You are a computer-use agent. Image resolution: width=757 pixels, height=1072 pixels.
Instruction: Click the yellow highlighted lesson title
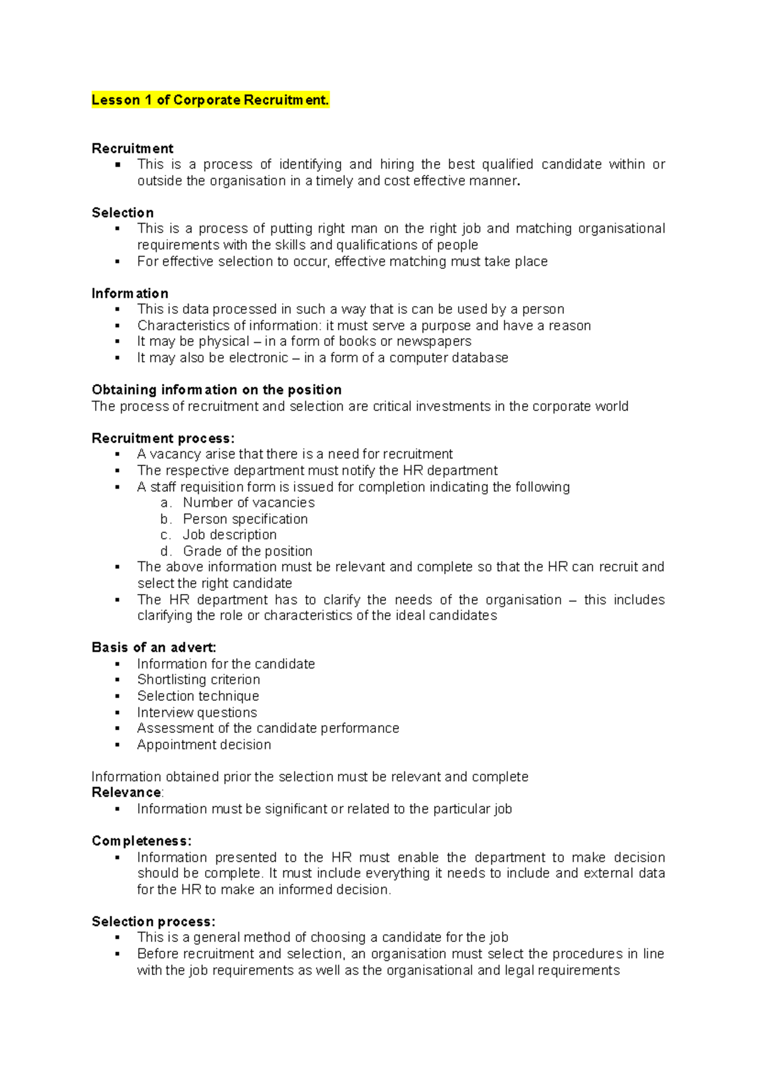(x=210, y=100)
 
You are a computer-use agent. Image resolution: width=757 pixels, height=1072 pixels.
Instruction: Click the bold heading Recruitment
(x=132, y=148)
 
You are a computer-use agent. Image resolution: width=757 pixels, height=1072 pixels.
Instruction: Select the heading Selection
(x=122, y=213)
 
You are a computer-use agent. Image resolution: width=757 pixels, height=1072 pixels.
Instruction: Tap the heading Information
(x=130, y=294)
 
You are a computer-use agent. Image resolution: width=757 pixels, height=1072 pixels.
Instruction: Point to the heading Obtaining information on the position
(x=216, y=390)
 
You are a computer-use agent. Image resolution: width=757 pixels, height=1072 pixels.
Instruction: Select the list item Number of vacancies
(x=249, y=503)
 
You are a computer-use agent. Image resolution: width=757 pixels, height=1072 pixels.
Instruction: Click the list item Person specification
(x=245, y=519)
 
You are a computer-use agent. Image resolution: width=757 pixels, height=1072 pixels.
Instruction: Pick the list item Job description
(x=230, y=535)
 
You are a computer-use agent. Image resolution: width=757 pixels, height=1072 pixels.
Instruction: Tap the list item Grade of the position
(x=247, y=551)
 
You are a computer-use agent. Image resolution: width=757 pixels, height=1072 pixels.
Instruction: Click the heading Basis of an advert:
(x=154, y=647)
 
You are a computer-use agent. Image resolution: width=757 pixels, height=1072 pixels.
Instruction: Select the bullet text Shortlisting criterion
(x=199, y=679)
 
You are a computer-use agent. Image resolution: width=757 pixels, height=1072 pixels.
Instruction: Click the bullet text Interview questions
(x=197, y=712)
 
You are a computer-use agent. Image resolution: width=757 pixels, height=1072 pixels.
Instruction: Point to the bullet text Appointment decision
(x=204, y=744)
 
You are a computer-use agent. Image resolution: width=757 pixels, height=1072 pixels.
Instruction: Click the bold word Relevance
(x=126, y=792)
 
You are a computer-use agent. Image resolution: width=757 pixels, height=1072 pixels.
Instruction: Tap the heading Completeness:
(x=141, y=841)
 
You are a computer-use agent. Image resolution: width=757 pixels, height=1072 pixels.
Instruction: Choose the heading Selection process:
(x=153, y=921)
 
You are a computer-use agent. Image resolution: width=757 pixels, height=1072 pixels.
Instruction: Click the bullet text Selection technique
(x=198, y=696)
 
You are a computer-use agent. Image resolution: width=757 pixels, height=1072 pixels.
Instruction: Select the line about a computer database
(x=322, y=358)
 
